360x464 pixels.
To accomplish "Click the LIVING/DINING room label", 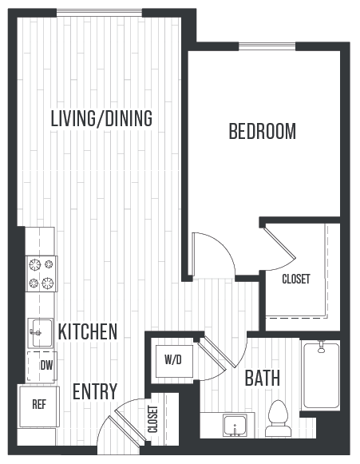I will click(101, 119).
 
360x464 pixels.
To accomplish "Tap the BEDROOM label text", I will click(262, 132).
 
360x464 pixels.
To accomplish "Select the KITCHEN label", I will click(88, 331).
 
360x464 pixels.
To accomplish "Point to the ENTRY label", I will click(95, 392).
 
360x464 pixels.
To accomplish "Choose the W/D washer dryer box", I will click(173, 359).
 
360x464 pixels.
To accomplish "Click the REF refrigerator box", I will click(38, 404).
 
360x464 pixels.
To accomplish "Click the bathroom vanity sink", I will click(235, 425).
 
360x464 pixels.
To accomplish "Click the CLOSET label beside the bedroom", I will click(296, 280).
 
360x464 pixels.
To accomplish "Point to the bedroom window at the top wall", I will click(263, 46).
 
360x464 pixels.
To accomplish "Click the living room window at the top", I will click(100, 11).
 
